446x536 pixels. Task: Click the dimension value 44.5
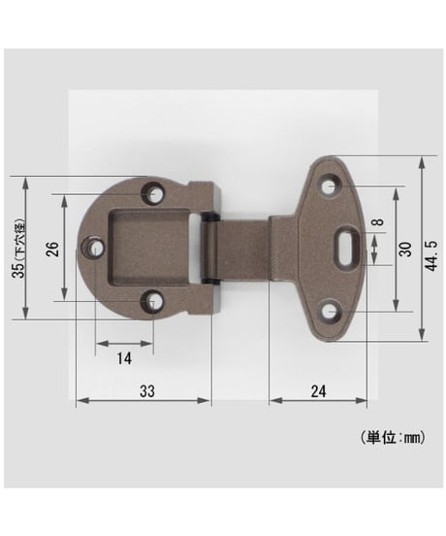(431, 256)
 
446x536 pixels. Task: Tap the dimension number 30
(406, 250)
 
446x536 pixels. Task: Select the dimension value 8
(378, 222)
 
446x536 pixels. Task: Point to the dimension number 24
(318, 391)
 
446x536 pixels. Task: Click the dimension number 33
(147, 391)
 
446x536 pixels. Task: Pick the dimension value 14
(124, 358)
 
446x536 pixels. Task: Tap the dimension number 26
(53, 249)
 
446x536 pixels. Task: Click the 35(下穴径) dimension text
(19, 248)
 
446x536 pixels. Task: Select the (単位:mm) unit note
(393, 438)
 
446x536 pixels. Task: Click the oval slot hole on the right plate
(347, 246)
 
